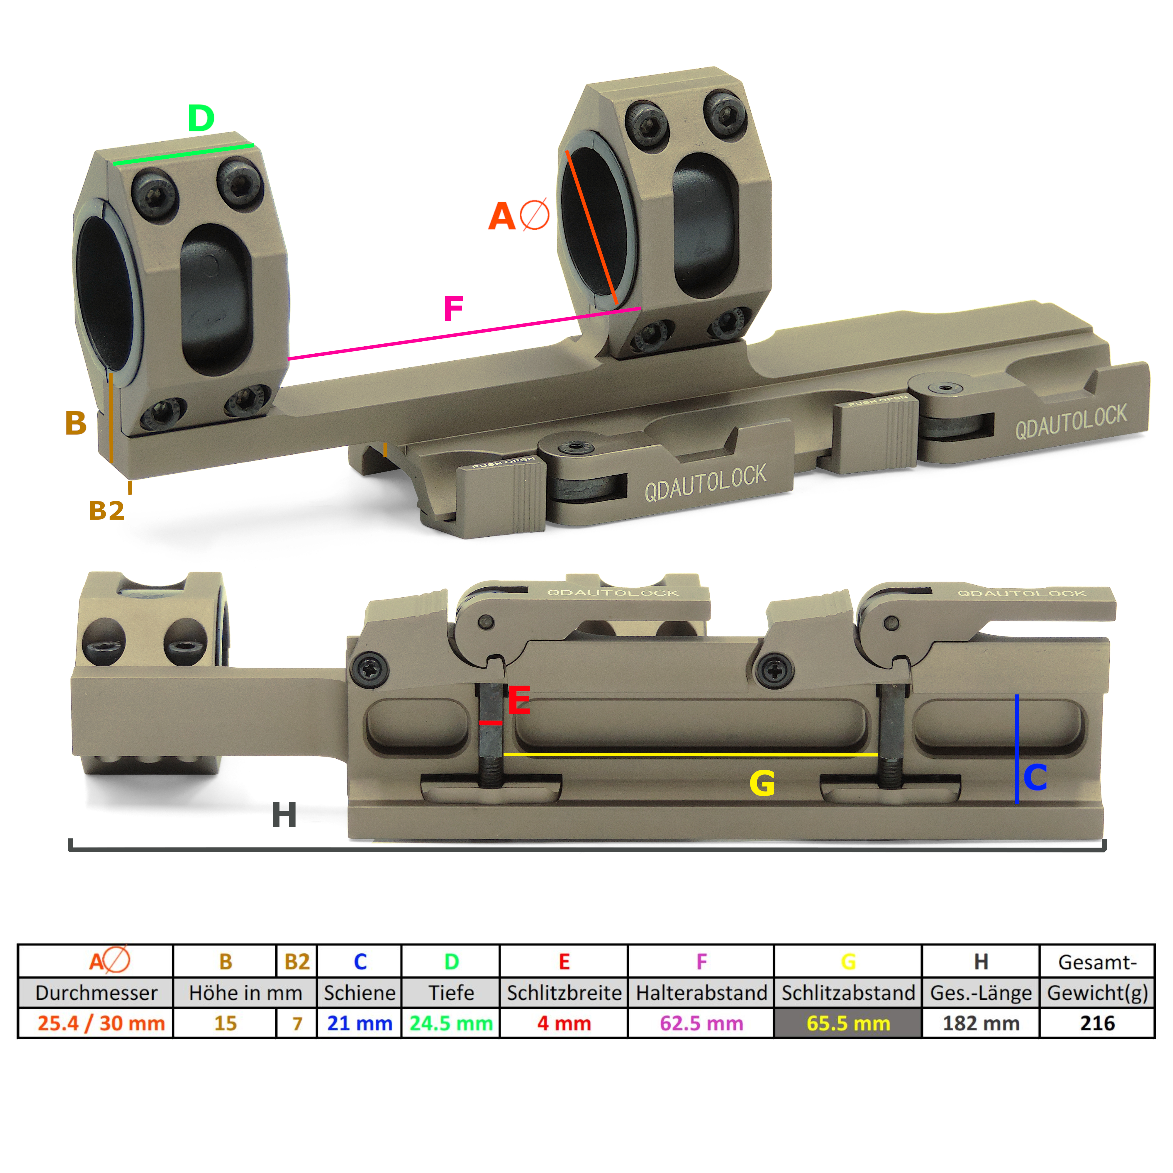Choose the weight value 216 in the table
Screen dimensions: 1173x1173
1097,1023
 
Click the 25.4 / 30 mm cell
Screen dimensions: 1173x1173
101,1023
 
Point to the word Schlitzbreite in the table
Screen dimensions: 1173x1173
564,993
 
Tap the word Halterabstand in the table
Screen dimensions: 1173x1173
701,993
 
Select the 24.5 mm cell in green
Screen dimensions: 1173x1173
450,1023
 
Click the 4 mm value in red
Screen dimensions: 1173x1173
564,1023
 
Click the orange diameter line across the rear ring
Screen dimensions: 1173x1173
592,228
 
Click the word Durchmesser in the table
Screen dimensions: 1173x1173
96,993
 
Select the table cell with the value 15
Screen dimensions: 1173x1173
225,1023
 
